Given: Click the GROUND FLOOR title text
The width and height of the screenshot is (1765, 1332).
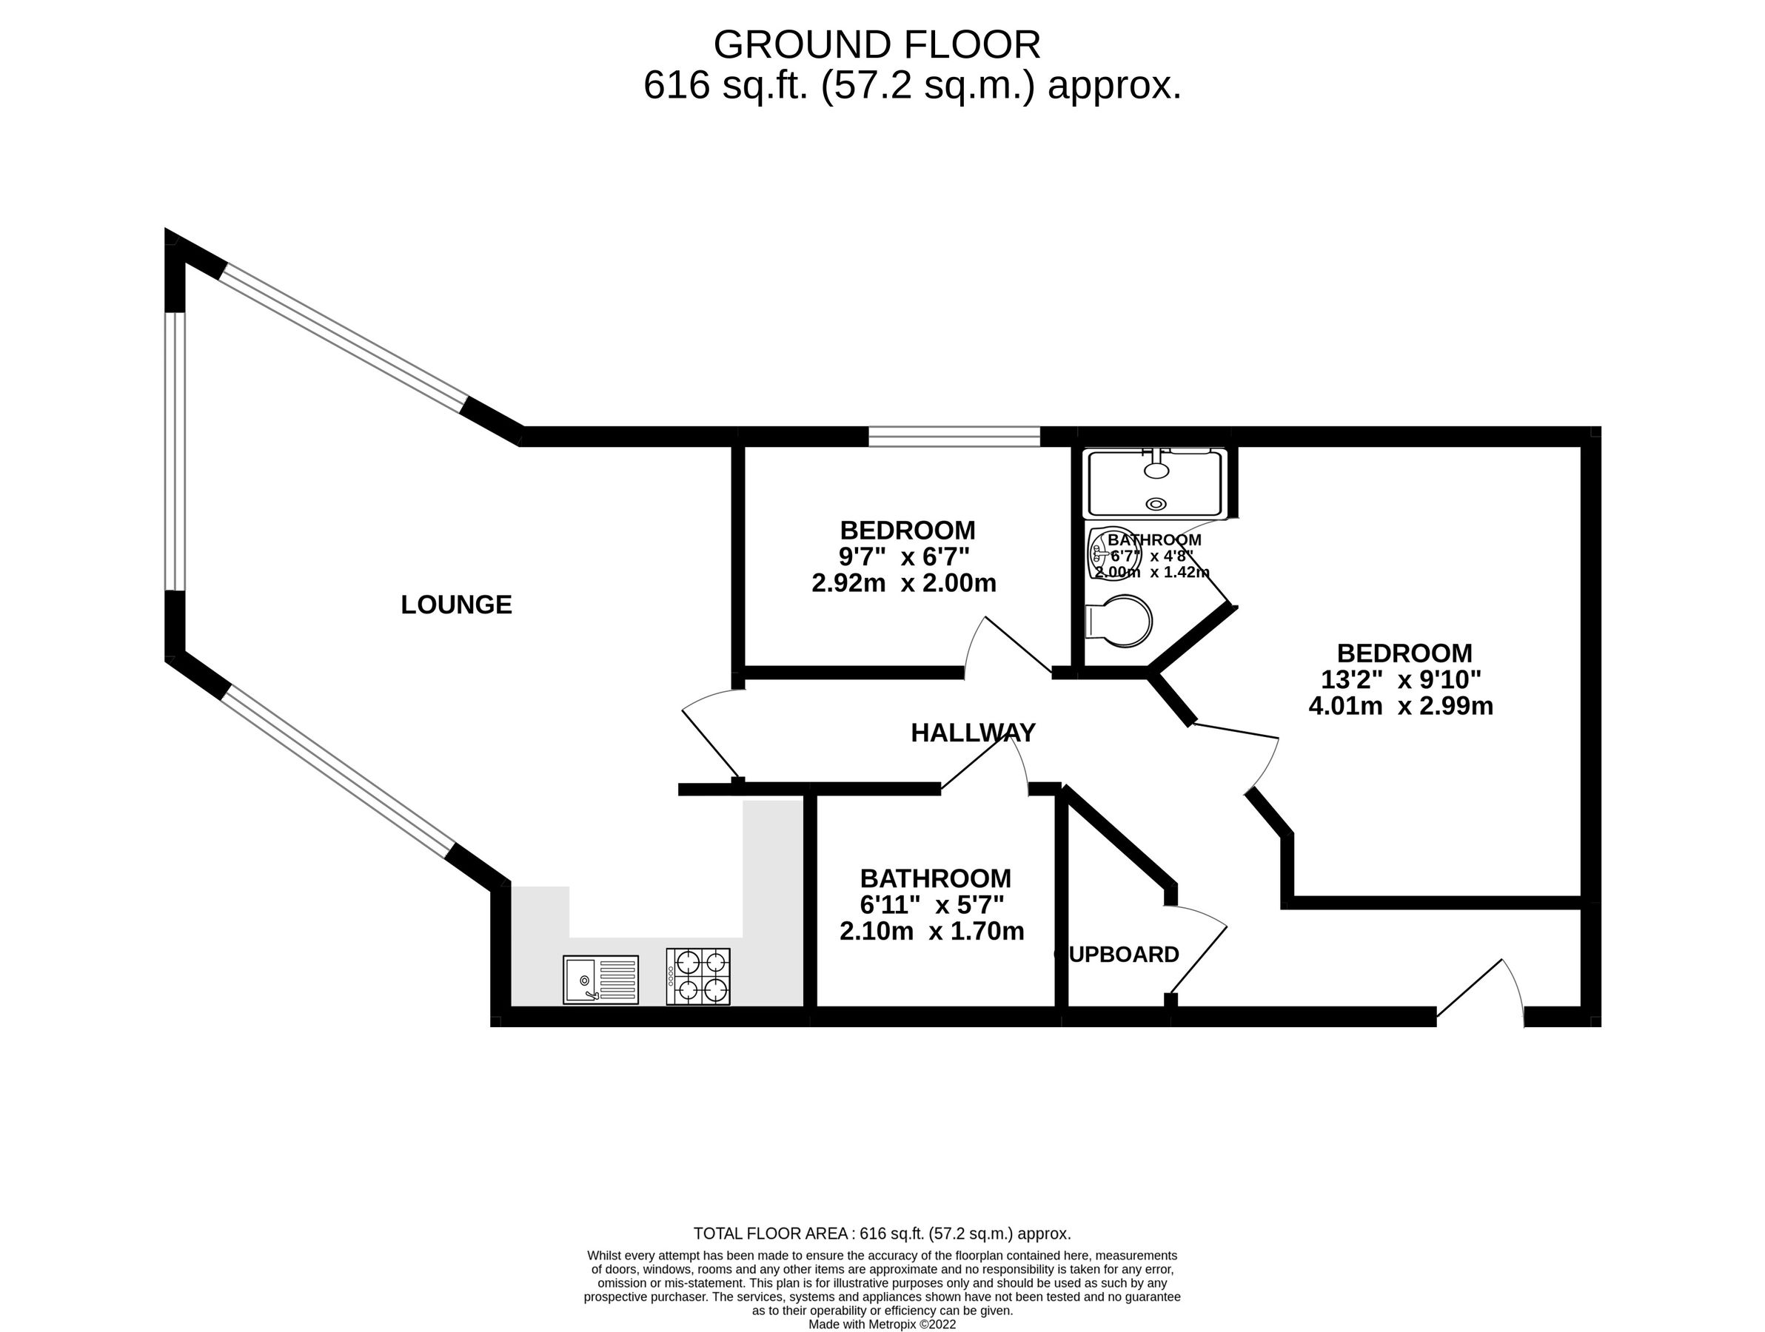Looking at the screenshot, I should click(x=876, y=45).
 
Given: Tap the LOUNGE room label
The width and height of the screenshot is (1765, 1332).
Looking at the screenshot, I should click(x=455, y=605).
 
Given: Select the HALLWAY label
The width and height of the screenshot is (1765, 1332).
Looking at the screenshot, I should click(x=973, y=732).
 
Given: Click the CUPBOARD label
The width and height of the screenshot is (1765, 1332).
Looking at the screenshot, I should click(x=1117, y=954).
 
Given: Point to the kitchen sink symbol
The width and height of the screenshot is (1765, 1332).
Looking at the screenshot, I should click(x=600, y=980).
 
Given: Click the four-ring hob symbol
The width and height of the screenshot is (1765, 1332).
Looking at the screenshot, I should click(x=697, y=976).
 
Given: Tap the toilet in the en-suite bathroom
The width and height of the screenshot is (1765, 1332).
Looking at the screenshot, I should click(x=1120, y=619).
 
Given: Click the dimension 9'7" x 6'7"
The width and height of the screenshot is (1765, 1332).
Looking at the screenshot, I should click(x=904, y=556).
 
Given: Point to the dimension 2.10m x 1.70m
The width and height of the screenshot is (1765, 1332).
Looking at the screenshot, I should click(x=931, y=931).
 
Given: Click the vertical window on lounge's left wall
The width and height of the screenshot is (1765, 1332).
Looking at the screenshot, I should click(x=175, y=451).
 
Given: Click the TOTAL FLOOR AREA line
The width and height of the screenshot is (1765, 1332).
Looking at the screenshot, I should click(x=882, y=1234).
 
